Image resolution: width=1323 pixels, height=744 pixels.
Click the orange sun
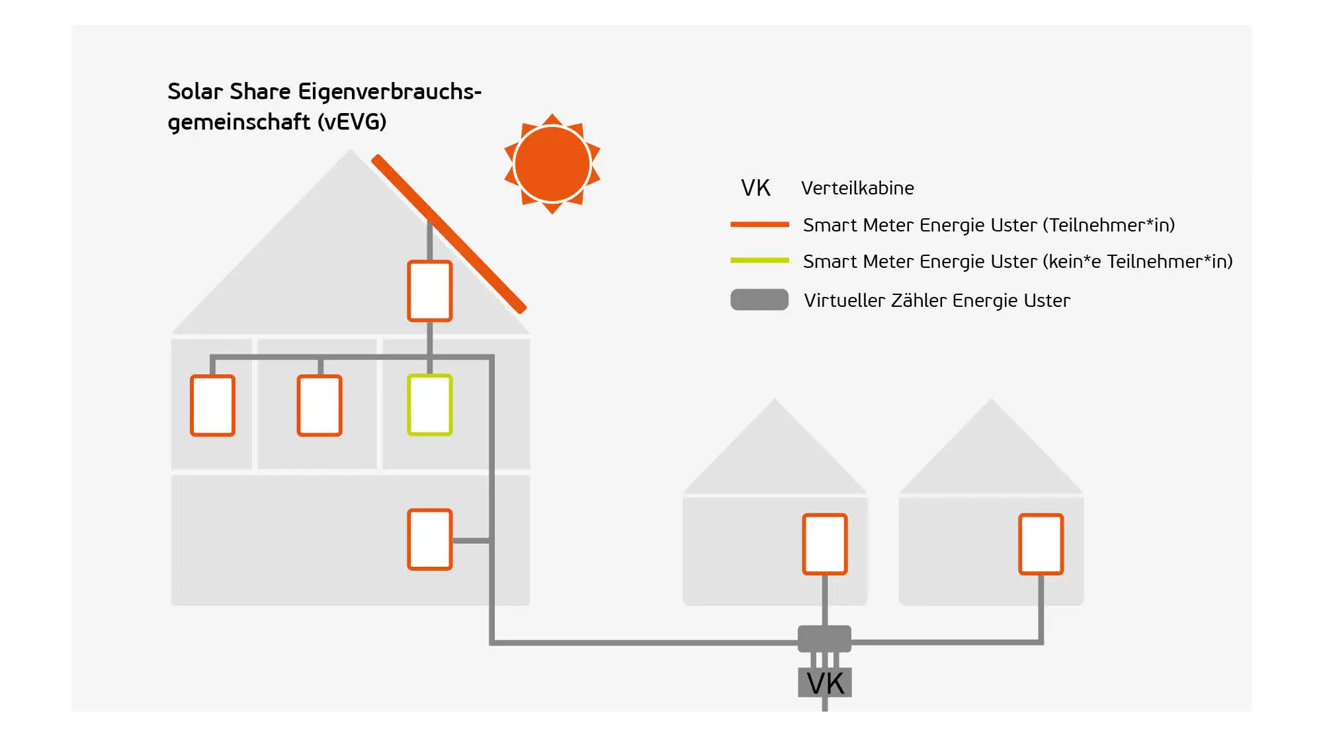point(552,164)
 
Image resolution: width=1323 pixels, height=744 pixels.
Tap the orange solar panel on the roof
point(449,233)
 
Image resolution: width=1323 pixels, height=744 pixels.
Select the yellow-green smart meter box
point(429,405)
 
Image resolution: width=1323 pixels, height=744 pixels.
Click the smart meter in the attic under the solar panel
point(429,291)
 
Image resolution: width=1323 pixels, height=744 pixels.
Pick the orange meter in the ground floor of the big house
point(429,539)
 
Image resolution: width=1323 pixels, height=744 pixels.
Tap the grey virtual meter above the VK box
point(824,638)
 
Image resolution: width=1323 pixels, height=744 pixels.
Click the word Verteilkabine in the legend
point(857,188)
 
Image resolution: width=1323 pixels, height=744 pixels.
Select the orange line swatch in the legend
point(759,225)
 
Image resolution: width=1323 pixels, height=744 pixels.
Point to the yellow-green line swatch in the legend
point(759,261)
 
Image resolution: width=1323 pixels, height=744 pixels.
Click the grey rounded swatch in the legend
point(759,300)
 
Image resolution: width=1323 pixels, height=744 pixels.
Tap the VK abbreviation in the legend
point(755,188)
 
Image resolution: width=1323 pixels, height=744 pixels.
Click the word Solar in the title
point(196,91)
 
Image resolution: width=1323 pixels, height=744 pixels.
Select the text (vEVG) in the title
point(351,122)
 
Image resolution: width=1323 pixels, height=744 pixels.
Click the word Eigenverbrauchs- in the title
point(390,91)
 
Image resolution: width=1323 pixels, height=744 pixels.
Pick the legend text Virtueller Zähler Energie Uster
point(937,301)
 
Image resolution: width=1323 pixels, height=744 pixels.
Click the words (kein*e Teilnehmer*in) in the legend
point(1138,262)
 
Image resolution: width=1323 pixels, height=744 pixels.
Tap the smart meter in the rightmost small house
point(1041,544)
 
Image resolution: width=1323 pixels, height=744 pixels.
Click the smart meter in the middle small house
point(824,544)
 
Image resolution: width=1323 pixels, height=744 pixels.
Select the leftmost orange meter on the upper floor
point(212,405)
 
